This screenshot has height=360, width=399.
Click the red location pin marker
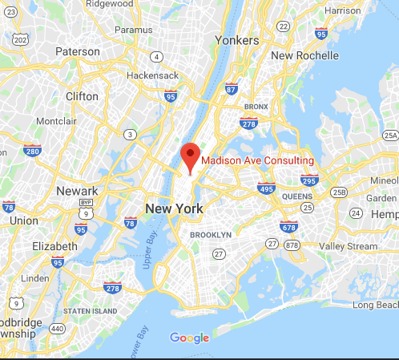pos(190,155)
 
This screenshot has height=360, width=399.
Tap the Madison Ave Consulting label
pos(257,161)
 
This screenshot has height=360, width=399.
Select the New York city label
pos(174,208)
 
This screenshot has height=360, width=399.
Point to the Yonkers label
pos(238,40)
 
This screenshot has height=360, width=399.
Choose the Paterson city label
pos(78,51)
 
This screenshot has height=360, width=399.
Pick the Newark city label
pos(77,191)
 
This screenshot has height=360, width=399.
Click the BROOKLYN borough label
pos(210,234)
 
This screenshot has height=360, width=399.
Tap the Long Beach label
pos(374,305)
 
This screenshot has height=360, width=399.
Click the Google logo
pos(190,338)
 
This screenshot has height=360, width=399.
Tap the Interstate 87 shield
pos(231,89)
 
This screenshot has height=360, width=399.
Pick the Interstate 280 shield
pos(33,150)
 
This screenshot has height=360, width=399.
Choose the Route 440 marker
pos(58,328)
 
